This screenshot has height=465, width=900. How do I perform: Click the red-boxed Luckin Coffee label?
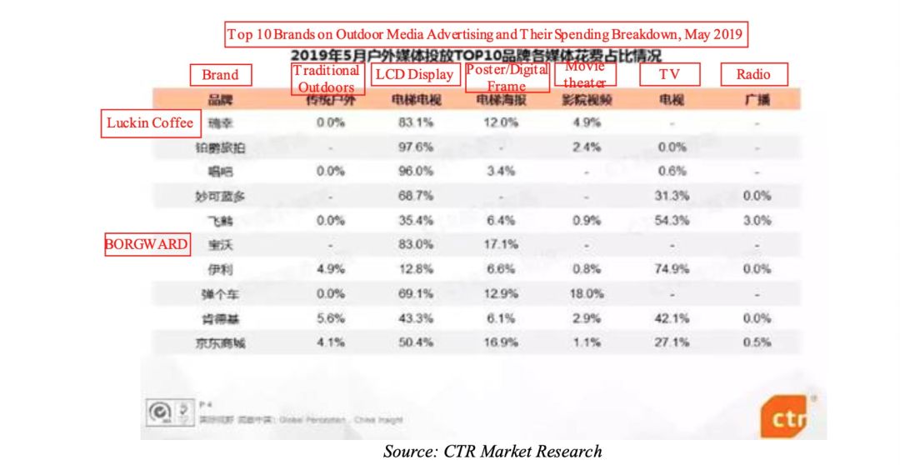point(151,123)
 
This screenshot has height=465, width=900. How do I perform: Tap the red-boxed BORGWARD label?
point(147,245)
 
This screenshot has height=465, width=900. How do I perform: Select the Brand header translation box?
point(220,75)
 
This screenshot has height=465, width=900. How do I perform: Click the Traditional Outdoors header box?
point(327,78)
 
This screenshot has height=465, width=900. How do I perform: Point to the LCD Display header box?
point(415,75)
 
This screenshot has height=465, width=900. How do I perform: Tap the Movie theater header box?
point(585,74)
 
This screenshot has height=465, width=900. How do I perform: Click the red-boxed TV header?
point(669,75)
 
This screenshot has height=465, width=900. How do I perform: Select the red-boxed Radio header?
point(753,75)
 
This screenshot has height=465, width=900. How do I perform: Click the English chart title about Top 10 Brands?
point(486,35)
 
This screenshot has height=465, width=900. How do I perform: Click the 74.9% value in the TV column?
point(670,270)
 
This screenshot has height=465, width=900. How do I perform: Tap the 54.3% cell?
point(670,221)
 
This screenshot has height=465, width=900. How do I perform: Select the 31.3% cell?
point(670,197)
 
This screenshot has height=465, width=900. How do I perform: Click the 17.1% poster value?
point(502,245)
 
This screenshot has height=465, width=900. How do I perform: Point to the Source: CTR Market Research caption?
point(492,452)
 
